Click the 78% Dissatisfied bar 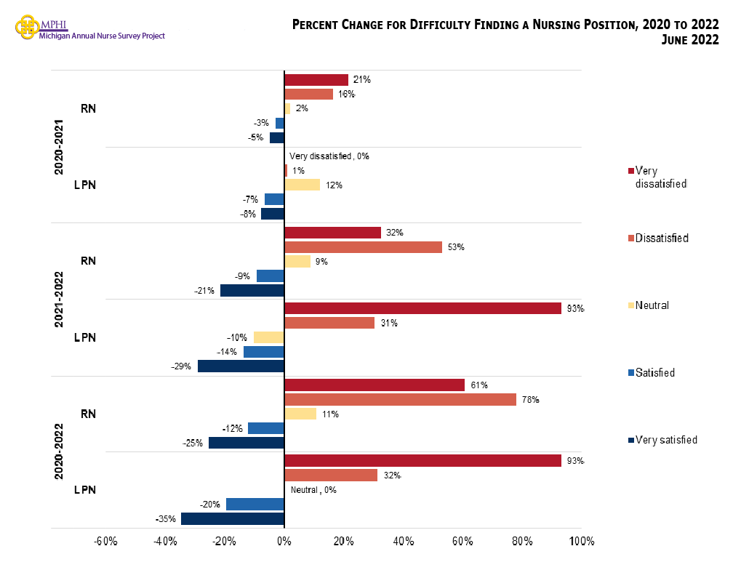click(400, 399)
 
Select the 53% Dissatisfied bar click(363, 247)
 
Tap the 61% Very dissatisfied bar click(374, 385)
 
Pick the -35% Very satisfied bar click(233, 519)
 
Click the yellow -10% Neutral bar click(268, 337)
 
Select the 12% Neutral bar click(302, 185)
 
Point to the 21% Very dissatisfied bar click(316, 80)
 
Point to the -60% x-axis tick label click(105, 542)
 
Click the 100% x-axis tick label click(581, 542)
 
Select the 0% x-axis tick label click(284, 542)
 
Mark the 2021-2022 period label click(59, 299)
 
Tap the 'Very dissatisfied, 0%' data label click(329, 156)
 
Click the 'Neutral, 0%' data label click(313, 490)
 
